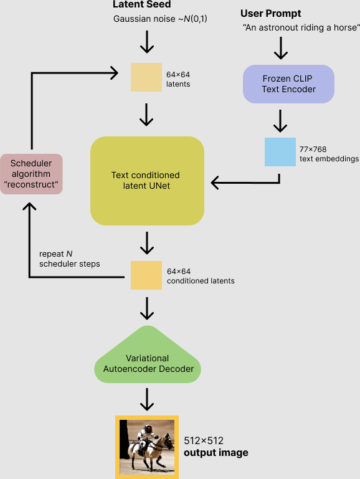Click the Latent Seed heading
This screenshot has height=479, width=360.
(141, 5)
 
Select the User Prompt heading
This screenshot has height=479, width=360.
(270, 13)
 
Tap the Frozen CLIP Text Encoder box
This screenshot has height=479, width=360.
(288, 83)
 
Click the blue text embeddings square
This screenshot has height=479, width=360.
(280, 151)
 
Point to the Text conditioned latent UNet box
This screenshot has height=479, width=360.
(147, 181)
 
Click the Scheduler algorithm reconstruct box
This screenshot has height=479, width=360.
(31, 174)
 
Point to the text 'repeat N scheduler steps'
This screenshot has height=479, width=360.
(70, 258)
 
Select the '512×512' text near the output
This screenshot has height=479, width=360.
(204, 441)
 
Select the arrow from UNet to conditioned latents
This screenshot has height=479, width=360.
(147, 243)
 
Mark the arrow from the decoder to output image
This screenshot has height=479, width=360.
(147, 398)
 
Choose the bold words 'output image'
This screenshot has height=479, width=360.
(216, 453)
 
